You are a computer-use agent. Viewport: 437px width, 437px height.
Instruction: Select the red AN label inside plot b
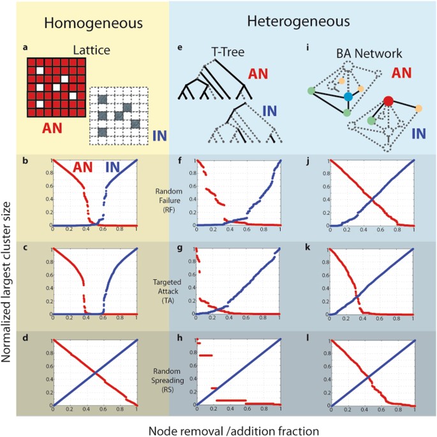pos(84,169)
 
